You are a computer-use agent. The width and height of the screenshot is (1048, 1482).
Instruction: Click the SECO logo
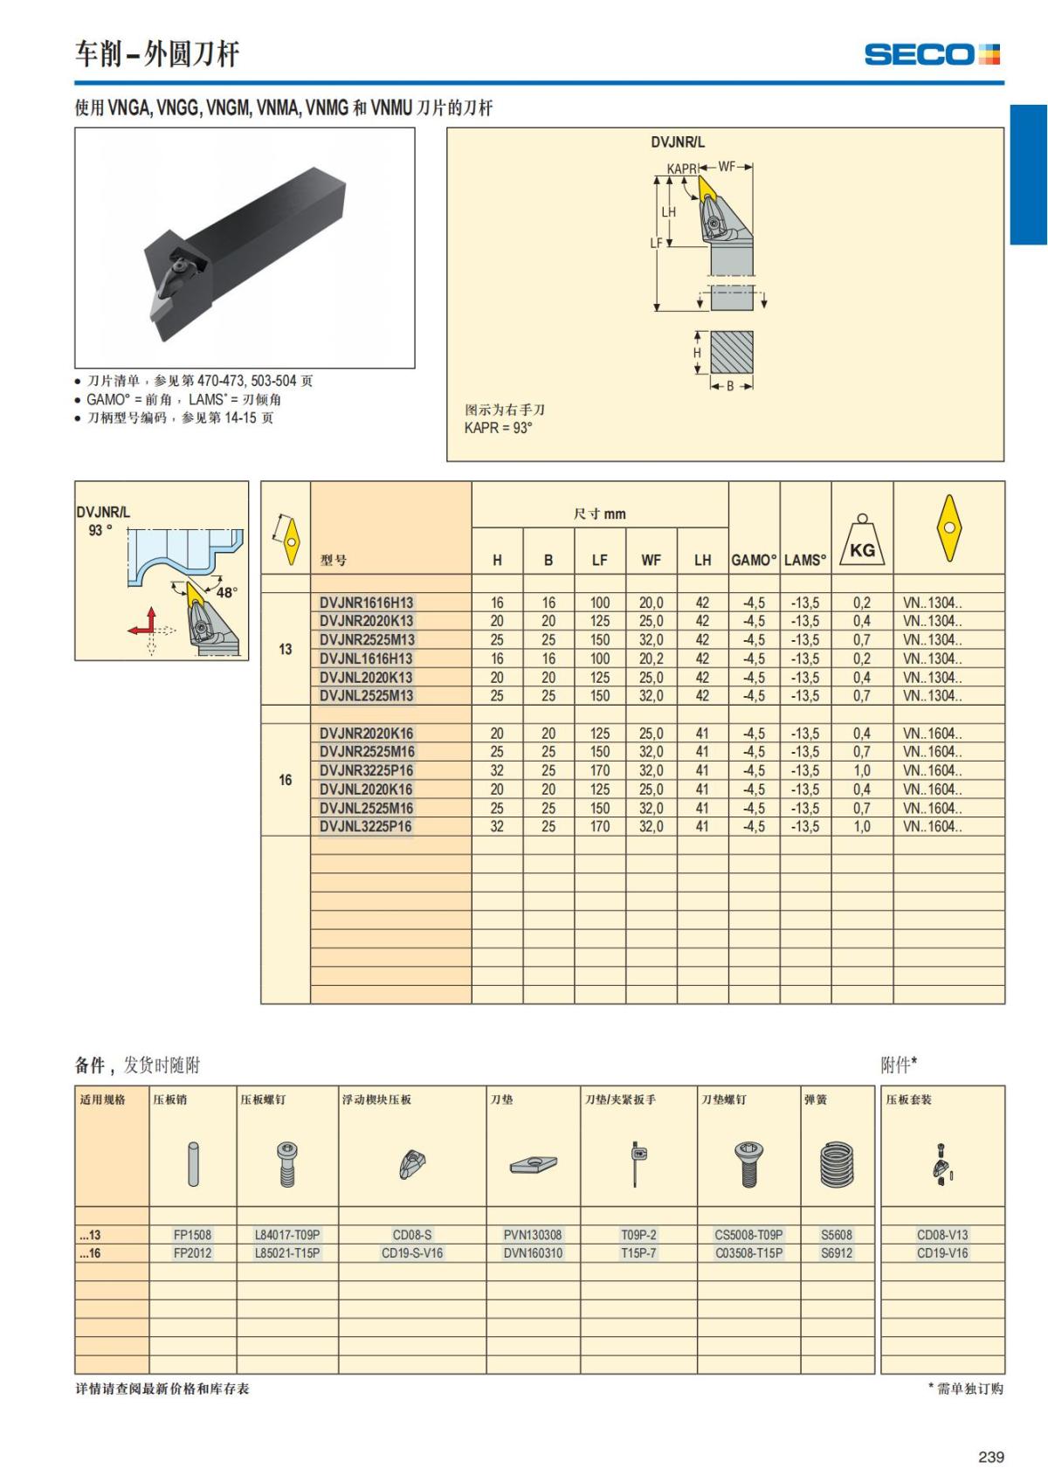pos(931,54)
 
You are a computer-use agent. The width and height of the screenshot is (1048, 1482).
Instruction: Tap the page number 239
pos(991,1457)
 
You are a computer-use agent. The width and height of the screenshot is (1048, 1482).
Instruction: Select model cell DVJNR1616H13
pos(367,603)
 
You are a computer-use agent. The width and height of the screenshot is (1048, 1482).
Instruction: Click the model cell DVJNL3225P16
pos(365,826)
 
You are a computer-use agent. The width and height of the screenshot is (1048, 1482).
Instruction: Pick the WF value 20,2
pos(651,658)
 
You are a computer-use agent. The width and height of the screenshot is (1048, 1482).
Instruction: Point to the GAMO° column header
pos(754,560)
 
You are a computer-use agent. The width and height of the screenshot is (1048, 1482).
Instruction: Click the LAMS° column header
pos(805,560)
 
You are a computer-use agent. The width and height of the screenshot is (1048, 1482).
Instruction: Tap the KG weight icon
pos(862,541)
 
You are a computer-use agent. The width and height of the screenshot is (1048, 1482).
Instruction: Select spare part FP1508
pos(192,1235)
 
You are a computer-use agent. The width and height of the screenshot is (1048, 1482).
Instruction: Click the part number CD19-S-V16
pos(412,1253)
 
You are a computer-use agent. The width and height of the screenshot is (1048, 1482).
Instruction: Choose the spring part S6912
pos(836,1253)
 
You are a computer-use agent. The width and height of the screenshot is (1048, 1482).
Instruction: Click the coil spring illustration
pos(837,1165)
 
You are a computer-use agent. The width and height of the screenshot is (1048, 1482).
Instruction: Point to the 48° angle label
pos(226,592)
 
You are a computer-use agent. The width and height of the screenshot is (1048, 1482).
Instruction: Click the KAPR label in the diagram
pos(681,169)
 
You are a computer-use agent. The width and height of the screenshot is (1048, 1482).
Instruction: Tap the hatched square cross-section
pos(731,353)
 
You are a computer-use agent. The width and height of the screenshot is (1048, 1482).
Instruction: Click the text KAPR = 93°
pos(499,428)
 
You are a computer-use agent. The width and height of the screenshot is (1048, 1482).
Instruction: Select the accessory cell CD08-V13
pos(942,1235)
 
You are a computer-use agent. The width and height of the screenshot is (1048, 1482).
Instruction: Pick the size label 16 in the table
pos(286,780)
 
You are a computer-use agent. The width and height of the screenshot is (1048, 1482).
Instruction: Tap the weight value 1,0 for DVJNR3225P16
pos(861,770)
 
